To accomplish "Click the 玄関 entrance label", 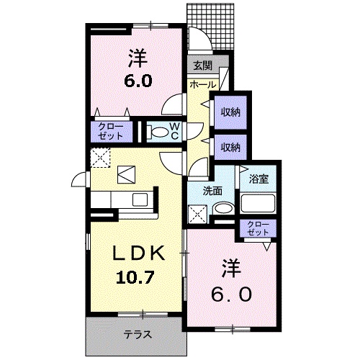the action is pyautogui.click(x=203, y=66).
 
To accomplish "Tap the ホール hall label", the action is pyautogui.click(x=203, y=84).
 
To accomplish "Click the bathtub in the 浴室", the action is pyautogui.click(x=258, y=204).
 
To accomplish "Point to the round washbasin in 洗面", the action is pyautogui.click(x=224, y=208).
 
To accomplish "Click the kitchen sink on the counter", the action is pyautogui.click(x=140, y=199).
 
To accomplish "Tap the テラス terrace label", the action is pyautogui.click(x=138, y=334).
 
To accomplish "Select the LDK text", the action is pyautogui.click(x=139, y=253).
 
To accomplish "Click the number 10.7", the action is pyautogui.click(x=135, y=277).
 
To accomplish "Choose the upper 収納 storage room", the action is pyautogui.click(x=230, y=112).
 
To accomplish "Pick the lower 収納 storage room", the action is pyautogui.click(x=230, y=148).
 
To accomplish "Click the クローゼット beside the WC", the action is pyautogui.click(x=112, y=132).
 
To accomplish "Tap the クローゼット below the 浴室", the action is pyautogui.click(x=258, y=228).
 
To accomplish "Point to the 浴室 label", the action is pyautogui.click(x=258, y=179).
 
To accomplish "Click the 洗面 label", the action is pyautogui.click(x=212, y=191).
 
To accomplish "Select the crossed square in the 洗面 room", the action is pyautogui.click(x=197, y=214).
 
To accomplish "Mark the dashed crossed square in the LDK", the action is pyautogui.click(x=100, y=158).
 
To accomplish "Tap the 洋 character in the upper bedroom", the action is pyautogui.click(x=138, y=58).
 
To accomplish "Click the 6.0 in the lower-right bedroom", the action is pyautogui.click(x=232, y=294).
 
